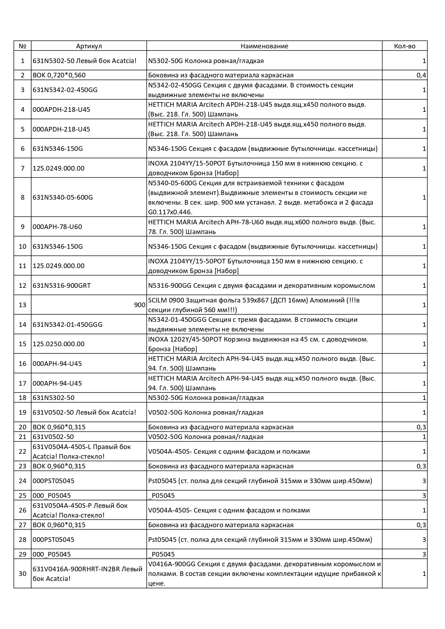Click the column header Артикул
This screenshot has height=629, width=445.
pos(89,46)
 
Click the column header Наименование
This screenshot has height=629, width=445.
pos(264,46)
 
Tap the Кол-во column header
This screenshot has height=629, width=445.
pos(404,46)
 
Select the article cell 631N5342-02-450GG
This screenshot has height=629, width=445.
pos(65,90)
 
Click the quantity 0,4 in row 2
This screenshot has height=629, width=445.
pos(421,75)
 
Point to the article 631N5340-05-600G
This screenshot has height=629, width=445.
pos(63,197)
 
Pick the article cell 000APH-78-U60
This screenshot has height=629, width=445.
pos(57,227)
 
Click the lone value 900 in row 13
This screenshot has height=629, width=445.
pos(139,305)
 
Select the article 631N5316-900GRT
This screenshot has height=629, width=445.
pos(62,286)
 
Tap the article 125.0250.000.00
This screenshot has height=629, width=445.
pos(58,344)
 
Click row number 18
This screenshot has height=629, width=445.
pos(23,398)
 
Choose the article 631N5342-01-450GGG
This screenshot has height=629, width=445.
pos(67,325)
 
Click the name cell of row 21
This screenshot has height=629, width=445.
pos(206,437)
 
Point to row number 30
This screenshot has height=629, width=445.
pos(23,574)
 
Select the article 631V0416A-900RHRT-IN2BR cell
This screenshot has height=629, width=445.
pos(87,574)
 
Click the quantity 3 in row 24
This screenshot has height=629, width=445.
pos(424,481)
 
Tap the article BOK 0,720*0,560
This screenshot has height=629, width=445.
pos(59,75)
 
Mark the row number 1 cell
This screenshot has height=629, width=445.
pos(23,61)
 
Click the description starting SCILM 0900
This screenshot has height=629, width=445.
pos(254,305)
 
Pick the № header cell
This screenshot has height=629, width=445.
pos(23,46)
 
